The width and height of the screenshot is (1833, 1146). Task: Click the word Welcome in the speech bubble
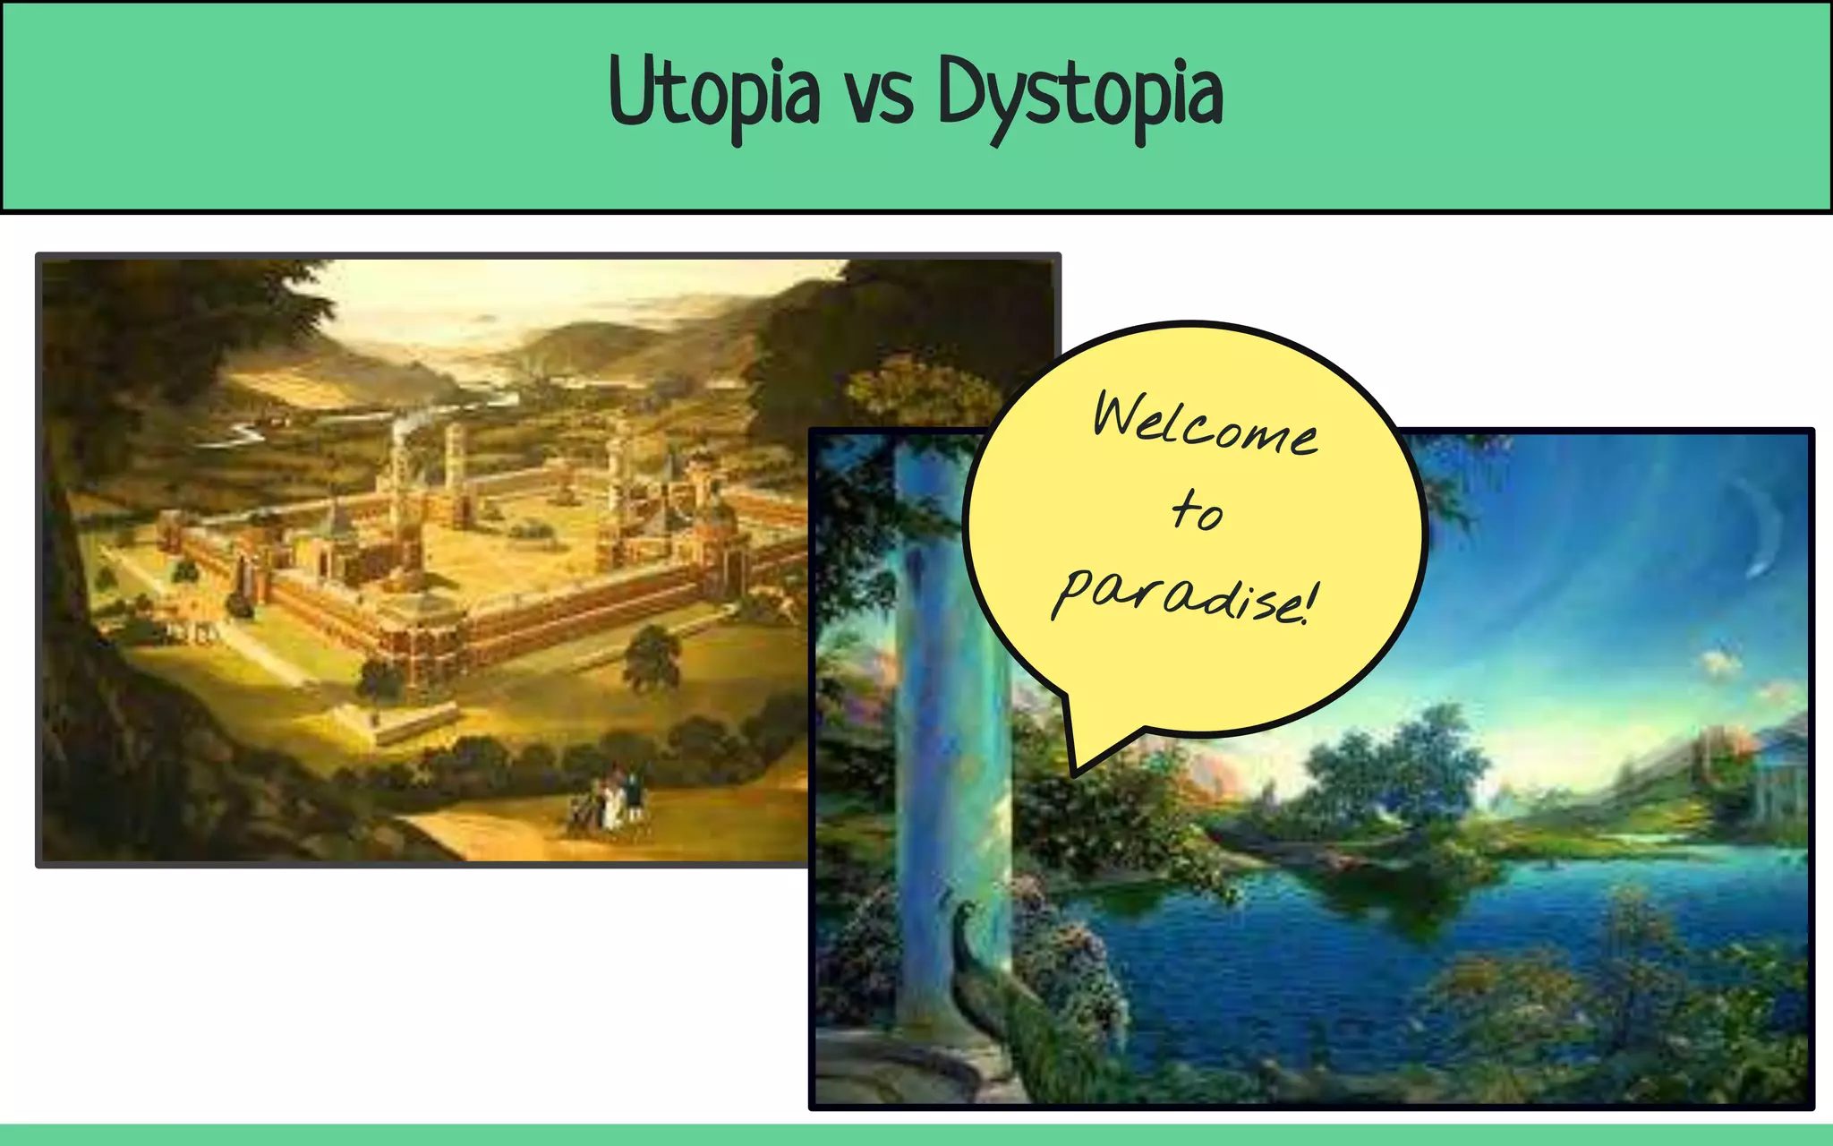pyautogui.click(x=1204, y=425)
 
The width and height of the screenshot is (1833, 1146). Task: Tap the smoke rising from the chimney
pyautogui.click(x=405, y=425)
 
